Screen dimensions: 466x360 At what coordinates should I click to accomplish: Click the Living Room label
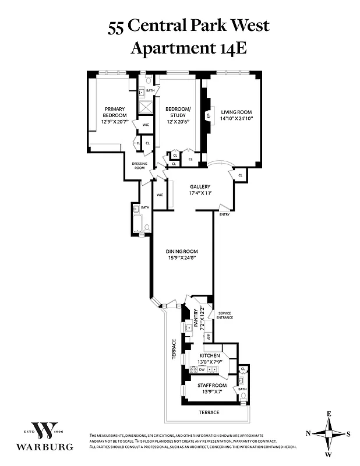click(236, 112)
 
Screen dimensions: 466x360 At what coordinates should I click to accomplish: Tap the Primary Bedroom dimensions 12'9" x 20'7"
click(115, 122)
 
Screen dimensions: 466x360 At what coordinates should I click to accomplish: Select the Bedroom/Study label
click(178, 112)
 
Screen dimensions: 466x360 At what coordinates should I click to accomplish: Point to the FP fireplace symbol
click(208, 115)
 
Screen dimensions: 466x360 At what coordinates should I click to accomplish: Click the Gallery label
click(200, 186)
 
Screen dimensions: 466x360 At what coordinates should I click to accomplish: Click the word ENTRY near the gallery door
click(224, 214)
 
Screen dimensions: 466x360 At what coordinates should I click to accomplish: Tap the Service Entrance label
click(225, 315)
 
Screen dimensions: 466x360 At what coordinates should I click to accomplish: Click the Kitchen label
click(210, 355)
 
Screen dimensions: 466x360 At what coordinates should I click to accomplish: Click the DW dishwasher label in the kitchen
click(201, 370)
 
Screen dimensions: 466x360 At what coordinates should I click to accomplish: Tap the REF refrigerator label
click(209, 337)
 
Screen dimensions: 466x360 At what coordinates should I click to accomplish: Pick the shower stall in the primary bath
click(144, 107)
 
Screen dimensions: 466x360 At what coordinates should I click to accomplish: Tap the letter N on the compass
click(308, 433)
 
